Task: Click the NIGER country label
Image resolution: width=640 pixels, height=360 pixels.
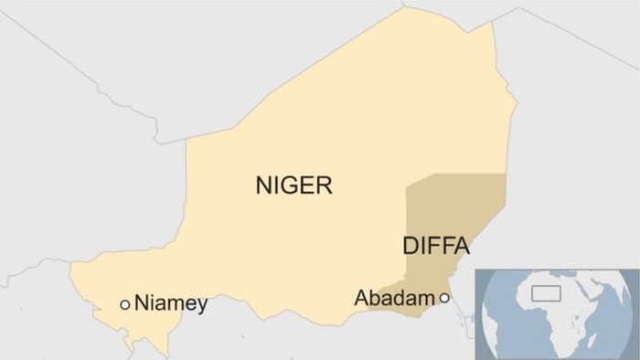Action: pos(293,187)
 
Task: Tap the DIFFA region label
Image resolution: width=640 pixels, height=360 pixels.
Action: pos(435,246)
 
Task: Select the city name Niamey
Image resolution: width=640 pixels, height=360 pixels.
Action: pos(171,303)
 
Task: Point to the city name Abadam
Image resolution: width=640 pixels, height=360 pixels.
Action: pos(393,298)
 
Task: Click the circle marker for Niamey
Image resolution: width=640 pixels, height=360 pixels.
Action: pos(125,304)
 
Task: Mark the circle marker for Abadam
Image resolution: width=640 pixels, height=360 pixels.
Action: pos(444,298)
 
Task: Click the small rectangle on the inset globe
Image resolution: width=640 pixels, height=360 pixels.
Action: pos(547,293)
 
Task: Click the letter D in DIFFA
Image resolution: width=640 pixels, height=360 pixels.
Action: pos(409,246)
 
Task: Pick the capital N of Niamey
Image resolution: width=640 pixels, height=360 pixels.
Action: pos(142,303)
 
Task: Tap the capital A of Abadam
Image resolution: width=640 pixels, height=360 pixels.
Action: pos(360,298)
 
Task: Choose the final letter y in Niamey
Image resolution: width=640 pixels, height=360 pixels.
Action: pos(202,306)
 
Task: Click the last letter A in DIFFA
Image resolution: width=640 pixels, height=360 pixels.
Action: pos(462,246)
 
